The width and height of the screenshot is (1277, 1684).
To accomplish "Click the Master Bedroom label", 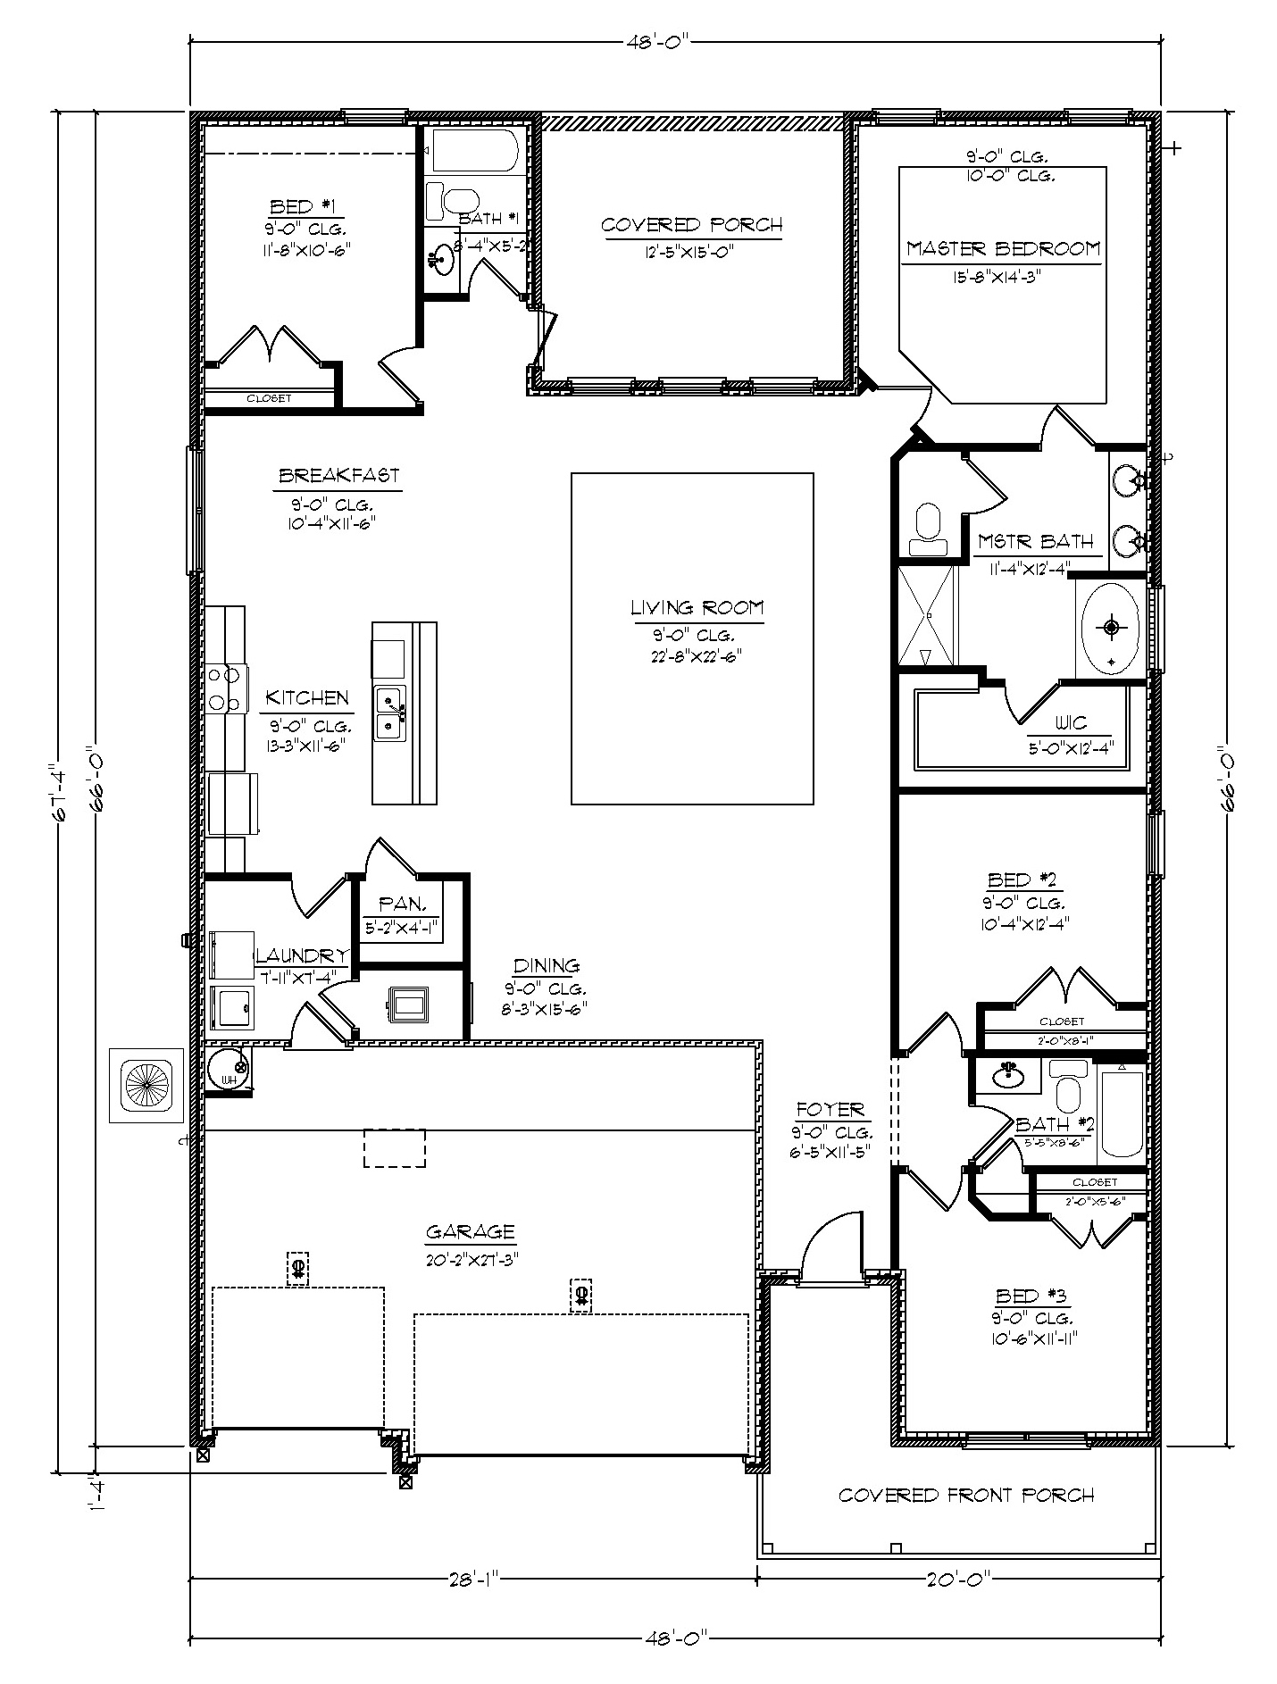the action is click(1003, 248).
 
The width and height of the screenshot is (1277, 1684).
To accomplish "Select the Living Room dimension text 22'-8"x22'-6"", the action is click(696, 656).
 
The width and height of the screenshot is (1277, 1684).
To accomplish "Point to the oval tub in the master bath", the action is click(1110, 629).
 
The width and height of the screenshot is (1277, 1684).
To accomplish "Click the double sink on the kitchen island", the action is click(390, 712).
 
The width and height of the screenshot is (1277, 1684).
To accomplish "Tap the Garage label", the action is click(471, 1232).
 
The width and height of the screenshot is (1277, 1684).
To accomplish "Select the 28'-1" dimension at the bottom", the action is click(472, 1579).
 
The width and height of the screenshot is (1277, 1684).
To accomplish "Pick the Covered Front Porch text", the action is click(966, 1495).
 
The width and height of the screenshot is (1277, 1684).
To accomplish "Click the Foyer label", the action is click(830, 1110).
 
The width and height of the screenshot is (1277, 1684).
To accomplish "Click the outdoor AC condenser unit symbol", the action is click(146, 1086).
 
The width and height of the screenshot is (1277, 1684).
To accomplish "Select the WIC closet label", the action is click(1071, 724).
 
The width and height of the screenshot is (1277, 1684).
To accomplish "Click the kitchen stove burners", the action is click(226, 689).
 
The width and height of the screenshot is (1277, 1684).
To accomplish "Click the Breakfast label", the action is click(338, 475).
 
